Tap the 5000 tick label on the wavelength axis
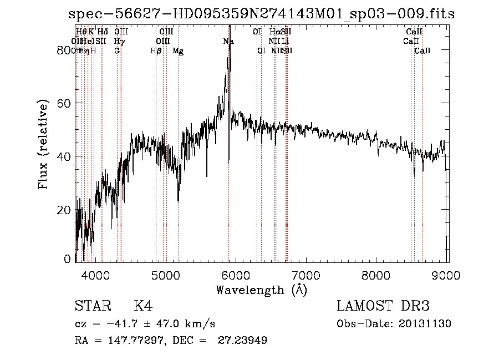point(166,275)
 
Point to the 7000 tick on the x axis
point(307,275)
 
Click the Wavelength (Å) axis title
point(261,290)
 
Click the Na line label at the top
point(228,42)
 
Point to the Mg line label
point(178,51)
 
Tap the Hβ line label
point(156,51)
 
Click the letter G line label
point(117,51)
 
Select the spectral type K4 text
point(142,307)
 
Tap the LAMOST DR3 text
point(383,307)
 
